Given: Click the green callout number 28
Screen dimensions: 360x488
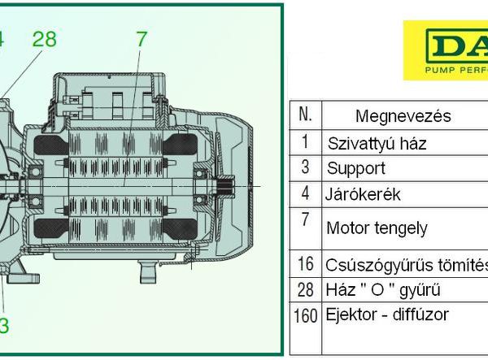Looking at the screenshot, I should pyautogui.click(x=44, y=38).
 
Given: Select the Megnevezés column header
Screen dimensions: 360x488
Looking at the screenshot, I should pyautogui.click(x=403, y=116).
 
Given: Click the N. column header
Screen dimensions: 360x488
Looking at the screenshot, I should pyautogui.click(x=306, y=115).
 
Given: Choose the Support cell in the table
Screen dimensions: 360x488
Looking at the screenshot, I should pyautogui.click(x=355, y=169).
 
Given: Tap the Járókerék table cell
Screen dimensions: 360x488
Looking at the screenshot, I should pyautogui.click(x=363, y=195).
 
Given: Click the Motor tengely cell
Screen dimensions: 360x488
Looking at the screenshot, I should pyautogui.click(x=377, y=228).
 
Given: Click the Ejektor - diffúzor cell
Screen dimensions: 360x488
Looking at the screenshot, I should pyautogui.click(x=387, y=314).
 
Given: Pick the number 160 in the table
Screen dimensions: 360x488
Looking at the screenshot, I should pyautogui.click(x=306, y=313).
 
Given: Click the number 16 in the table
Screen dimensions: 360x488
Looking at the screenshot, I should pyautogui.click(x=306, y=263).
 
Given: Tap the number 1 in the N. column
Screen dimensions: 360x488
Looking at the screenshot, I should pyautogui.click(x=305, y=142).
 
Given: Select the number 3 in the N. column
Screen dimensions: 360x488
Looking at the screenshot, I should pyautogui.click(x=305, y=168).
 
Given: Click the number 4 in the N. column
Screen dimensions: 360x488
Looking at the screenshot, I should pyautogui.click(x=305, y=194).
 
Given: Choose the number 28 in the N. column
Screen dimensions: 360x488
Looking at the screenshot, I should pyautogui.click(x=306, y=288).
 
